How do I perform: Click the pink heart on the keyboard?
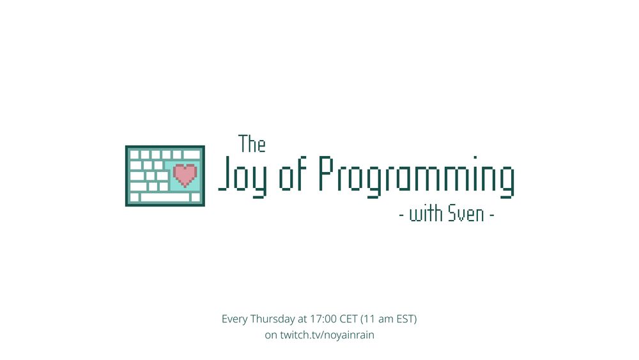point(185,174)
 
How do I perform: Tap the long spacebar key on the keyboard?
point(165,198)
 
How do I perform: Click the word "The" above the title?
point(252,145)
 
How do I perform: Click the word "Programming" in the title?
point(416,175)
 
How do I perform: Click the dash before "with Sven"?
point(401,215)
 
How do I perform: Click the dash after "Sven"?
point(492,215)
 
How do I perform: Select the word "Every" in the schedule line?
point(234,318)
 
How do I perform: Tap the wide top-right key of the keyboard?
point(192,155)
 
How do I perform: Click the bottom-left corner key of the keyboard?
point(134,198)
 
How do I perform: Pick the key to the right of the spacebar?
point(196,198)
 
